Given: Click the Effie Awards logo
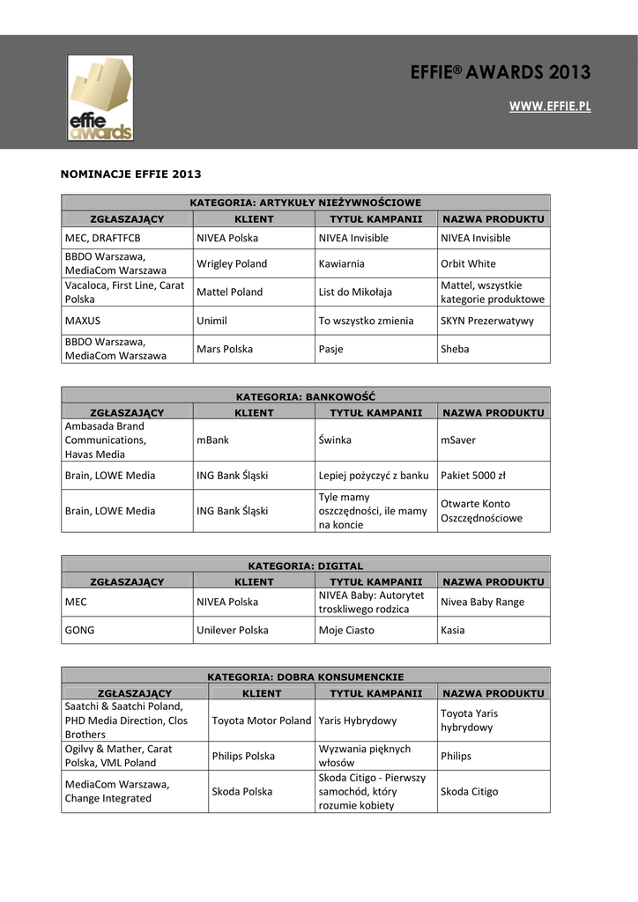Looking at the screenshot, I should (x=101, y=98).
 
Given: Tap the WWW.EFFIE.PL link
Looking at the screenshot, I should (x=550, y=107).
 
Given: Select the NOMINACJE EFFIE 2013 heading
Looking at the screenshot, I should (x=130, y=174).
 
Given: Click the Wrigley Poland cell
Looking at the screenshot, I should (x=232, y=263).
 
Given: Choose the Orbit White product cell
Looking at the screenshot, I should (x=468, y=263).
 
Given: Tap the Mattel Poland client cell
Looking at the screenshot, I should (x=229, y=292).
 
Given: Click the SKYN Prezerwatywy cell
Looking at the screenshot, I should (x=487, y=321).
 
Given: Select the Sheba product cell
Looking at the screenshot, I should (x=455, y=349).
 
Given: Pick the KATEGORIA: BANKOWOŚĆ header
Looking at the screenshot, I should (x=305, y=396).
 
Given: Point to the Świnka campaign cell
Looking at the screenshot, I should (x=334, y=440).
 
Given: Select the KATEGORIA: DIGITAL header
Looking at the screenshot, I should (x=305, y=566).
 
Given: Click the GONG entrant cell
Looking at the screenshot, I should (x=79, y=631).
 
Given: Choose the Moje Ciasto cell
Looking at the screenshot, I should (x=346, y=631).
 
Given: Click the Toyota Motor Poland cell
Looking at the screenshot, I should (x=262, y=721).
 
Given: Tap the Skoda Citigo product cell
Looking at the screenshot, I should (x=469, y=791).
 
